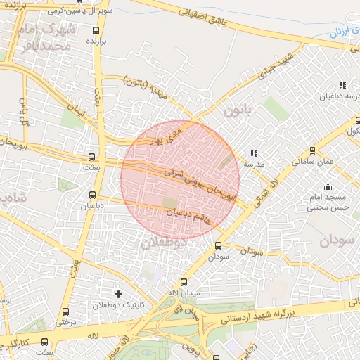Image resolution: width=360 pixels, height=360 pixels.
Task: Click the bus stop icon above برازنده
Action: pyautogui.click(x=96, y=30)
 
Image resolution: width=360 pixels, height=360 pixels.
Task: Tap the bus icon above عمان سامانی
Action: pyautogui.click(x=312, y=150)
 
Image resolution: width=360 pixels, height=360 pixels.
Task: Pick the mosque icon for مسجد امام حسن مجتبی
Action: pyautogui.click(x=328, y=187)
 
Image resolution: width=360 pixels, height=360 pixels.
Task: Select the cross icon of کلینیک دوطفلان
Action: pyautogui.click(x=118, y=293)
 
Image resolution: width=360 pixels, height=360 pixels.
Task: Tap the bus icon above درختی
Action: pyautogui.click(x=65, y=311)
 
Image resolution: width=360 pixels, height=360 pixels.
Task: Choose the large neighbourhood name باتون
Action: pyautogui.click(x=238, y=110)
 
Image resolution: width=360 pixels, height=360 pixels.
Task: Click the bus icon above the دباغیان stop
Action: pyautogui.click(x=92, y=195)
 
